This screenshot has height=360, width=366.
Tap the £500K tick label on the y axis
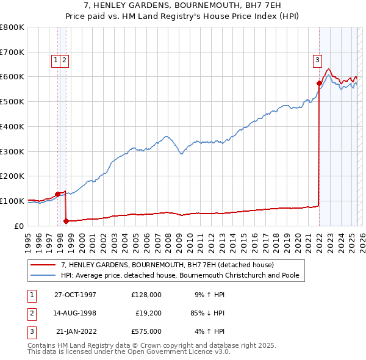pyautogui.click(x=12, y=101)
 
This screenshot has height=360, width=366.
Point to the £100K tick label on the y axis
pyautogui.click(x=12, y=201)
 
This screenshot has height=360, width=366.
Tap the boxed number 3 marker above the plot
pyautogui.click(x=318, y=60)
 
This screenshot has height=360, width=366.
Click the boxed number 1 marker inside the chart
pyautogui.click(x=56, y=60)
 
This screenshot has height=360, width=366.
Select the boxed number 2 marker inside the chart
pyautogui.click(x=64, y=60)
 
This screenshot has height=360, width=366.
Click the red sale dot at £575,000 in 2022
pyautogui.click(x=319, y=82)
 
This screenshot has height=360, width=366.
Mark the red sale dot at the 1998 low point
pyautogui.click(x=66, y=221)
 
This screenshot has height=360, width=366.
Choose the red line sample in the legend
pyautogui.click(x=42, y=265)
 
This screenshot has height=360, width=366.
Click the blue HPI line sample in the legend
pyautogui.click(x=42, y=275)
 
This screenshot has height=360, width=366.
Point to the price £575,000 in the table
pyautogui.click(x=146, y=331)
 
